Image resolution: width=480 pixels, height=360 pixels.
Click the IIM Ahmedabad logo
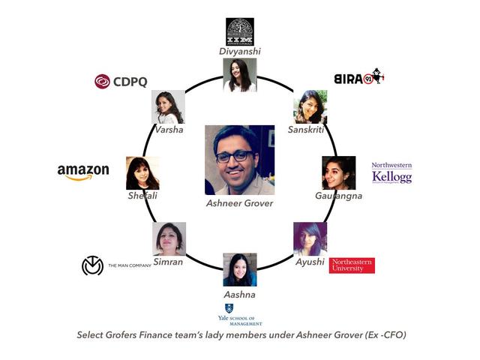(x=240, y=31)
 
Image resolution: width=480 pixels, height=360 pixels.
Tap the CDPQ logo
(x=123, y=81)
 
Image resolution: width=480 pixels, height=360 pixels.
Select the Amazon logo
(x=83, y=172)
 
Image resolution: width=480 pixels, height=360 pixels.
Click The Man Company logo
(x=116, y=265)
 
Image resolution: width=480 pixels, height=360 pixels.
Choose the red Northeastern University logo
(x=352, y=265)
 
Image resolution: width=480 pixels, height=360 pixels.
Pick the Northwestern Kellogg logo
(x=391, y=172)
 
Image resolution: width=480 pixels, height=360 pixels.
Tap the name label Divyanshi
(x=240, y=51)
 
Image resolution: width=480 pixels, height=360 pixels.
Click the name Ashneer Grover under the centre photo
(x=240, y=202)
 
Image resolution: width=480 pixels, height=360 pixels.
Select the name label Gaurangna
(x=338, y=196)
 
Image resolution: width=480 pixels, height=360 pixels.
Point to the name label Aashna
(x=240, y=294)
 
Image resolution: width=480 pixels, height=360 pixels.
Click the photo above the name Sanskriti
(x=310, y=106)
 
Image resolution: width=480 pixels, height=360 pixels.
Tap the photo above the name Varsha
(x=168, y=106)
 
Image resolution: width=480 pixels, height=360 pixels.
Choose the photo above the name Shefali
(x=142, y=172)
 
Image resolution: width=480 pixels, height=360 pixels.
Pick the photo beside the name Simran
(x=169, y=238)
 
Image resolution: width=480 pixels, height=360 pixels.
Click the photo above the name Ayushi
(x=310, y=238)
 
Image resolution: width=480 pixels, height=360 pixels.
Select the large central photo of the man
(x=240, y=160)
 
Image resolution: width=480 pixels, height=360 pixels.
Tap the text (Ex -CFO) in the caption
(x=379, y=335)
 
